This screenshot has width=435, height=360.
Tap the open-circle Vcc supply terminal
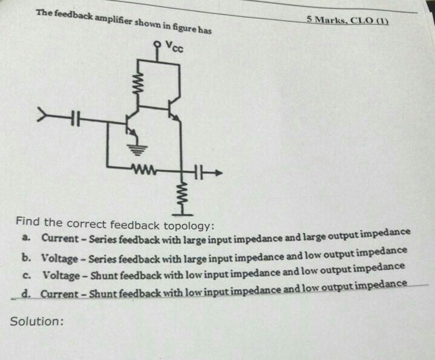(x=157, y=45)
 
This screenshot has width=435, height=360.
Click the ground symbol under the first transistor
(x=132, y=149)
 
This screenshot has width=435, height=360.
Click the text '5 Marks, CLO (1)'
(x=347, y=20)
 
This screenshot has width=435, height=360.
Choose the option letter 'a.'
(x=28, y=238)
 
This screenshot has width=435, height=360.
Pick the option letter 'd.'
(x=27, y=293)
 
